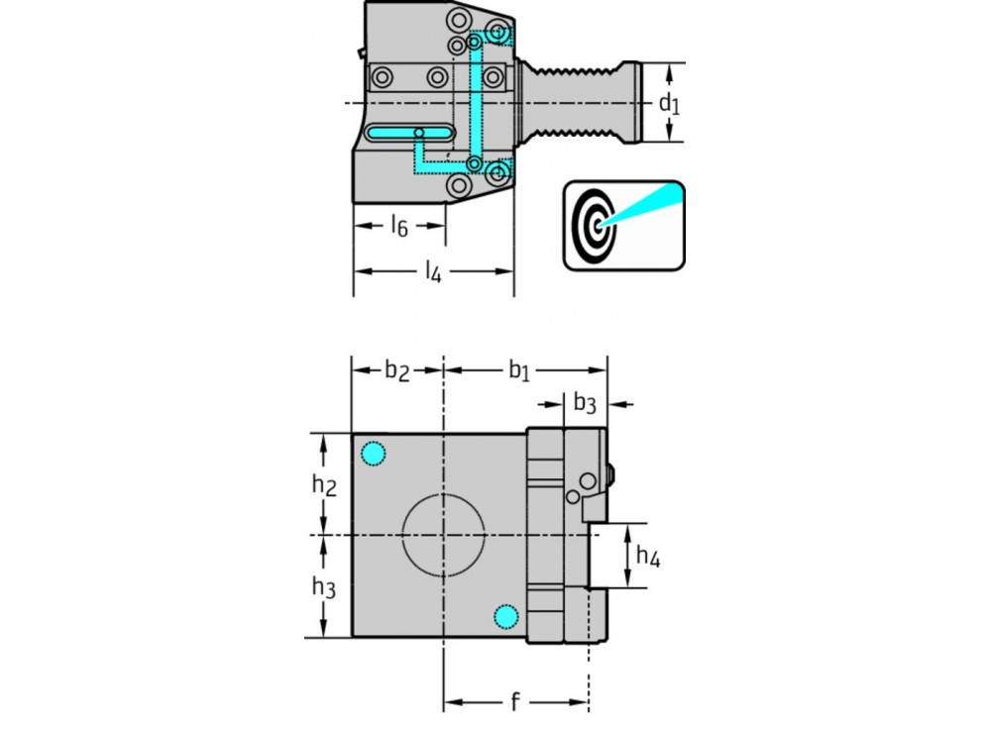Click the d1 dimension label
tap(671, 103)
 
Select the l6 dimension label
tap(398, 227)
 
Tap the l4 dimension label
tap(433, 270)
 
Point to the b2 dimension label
tap(396, 370)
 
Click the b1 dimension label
tap(520, 370)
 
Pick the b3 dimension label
tap(585, 403)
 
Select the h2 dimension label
tap(324, 485)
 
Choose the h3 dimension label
tap(324, 587)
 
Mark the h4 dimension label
tap(648, 557)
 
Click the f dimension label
tap(514, 703)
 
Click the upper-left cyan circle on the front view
tap(373, 454)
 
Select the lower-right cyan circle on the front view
tap(506, 617)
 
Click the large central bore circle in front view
tap(443, 536)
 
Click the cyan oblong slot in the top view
tap(409, 133)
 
